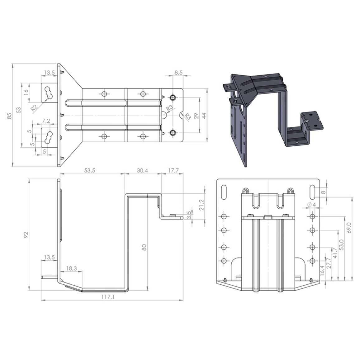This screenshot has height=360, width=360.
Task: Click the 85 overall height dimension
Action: [x=9, y=116]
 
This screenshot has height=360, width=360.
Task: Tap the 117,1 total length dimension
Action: [x=108, y=297]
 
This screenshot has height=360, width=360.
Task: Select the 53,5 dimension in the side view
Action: [x=90, y=170]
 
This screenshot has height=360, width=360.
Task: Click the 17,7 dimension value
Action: [x=173, y=170]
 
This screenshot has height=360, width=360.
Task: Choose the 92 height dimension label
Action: [x=26, y=234]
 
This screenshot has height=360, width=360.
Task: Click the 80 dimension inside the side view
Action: [x=144, y=247]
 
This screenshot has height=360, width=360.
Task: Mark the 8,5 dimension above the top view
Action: [x=178, y=73]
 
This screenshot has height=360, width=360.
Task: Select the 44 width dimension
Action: [x=204, y=116]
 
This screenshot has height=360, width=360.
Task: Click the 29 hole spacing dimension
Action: [x=196, y=116]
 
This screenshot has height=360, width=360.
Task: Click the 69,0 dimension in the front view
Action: [x=349, y=228]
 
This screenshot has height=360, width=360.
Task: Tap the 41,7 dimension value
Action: [x=335, y=253]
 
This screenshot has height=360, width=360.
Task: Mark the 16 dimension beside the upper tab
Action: [x=26, y=91]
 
